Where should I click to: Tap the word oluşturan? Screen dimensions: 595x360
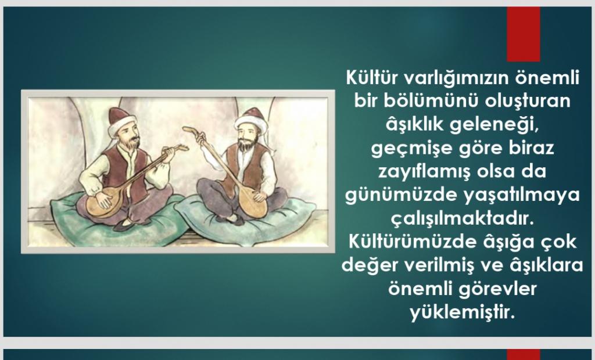[x=528, y=101]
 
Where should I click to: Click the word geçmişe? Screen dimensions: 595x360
[x=412, y=149]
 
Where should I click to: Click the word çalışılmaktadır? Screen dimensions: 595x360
[x=463, y=219]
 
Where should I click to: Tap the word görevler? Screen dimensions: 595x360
[x=497, y=289]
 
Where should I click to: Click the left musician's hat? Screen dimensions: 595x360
[x=121, y=121]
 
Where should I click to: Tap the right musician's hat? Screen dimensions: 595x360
[x=252, y=121]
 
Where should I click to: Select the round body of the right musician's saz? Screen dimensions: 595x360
[x=252, y=203]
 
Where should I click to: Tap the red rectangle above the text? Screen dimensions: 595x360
[x=524, y=34]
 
